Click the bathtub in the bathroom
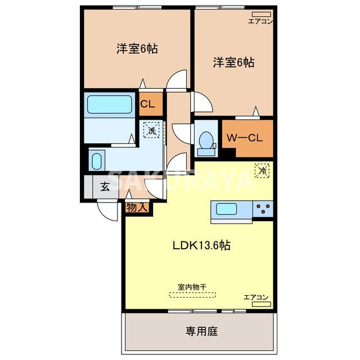pyautogui.click(x=110, y=105)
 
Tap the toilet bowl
pyautogui.click(x=206, y=140)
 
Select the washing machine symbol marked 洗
pyautogui.click(x=151, y=130)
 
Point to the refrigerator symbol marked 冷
pyautogui.click(x=262, y=170)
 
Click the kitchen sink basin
pyautogui.click(x=226, y=209)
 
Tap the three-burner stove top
pyautogui.click(x=263, y=209)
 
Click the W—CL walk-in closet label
pyautogui.click(x=245, y=138)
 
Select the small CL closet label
pyautogui.click(x=147, y=104)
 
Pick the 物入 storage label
pyautogui.click(x=137, y=208)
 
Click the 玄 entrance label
pyautogui.click(x=105, y=186)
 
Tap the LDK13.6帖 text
pyautogui.click(x=201, y=245)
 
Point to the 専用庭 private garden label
pyautogui.click(x=201, y=331)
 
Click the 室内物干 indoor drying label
pyautogui.click(x=192, y=287)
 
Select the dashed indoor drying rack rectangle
pyautogui.click(x=192, y=295)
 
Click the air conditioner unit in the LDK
pyautogui.click(x=261, y=304)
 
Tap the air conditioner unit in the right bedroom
pyautogui.click(x=261, y=14)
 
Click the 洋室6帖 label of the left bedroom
pyautogui.click(x=137, y=48)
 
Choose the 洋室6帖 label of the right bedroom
pyautogui.click(x=234, y=62)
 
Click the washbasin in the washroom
pyautogui.click(x=97, y=161)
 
